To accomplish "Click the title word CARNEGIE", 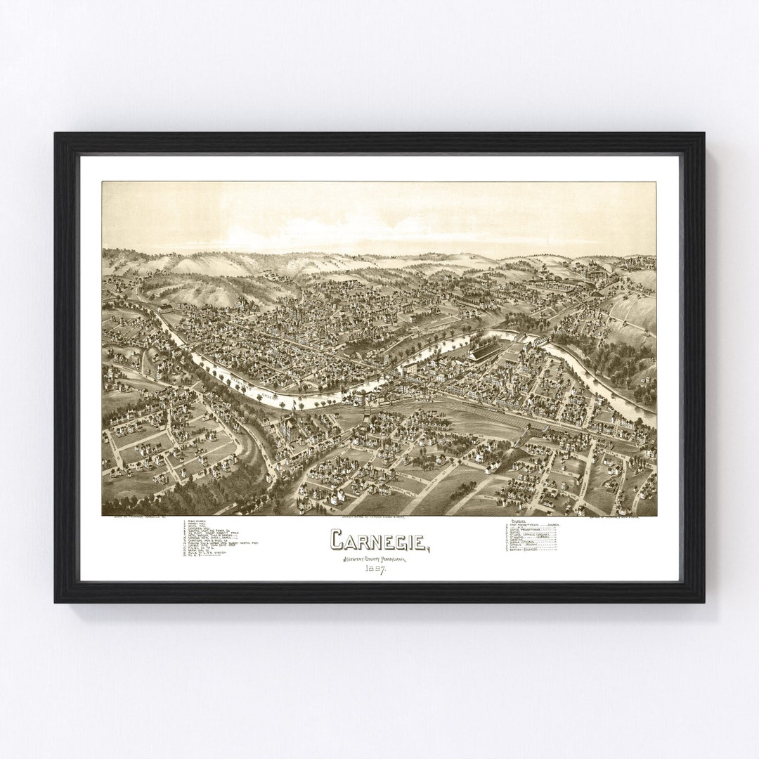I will (x=377, y=540).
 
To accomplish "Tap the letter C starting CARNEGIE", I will (x=337, y=540).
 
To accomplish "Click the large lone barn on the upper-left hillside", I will (x=166, y=308).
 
